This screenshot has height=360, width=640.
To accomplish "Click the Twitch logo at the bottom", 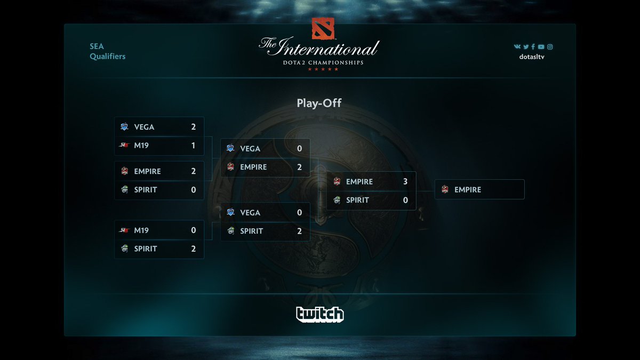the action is coord(320,314).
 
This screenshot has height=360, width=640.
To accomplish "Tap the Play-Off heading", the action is coord(319,103).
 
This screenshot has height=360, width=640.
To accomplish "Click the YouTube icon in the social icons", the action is coord(541,47).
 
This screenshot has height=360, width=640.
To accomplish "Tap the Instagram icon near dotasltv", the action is coord(550,47).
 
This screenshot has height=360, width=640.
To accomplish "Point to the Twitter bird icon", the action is coord(525,47).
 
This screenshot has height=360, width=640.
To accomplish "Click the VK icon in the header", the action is coord(517,47).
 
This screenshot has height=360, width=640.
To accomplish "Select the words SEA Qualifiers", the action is coord(107,51).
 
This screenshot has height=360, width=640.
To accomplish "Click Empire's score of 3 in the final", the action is coord(405,181).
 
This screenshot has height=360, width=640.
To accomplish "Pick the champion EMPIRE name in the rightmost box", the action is coord(468,189).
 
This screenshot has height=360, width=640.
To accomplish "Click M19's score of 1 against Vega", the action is coord(193,145).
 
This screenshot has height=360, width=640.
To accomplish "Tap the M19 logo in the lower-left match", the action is coord(124,230).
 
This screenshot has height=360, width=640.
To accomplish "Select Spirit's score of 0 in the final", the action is coord(405,200).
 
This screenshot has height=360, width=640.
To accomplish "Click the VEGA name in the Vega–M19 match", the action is coord(144,127).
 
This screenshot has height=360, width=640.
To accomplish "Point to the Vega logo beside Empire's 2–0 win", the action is coord(230,148).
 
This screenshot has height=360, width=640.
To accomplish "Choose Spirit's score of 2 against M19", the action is coord(193,249).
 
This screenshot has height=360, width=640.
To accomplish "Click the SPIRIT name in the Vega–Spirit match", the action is coord(251,231).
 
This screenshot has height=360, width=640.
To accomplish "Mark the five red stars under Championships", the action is coord(323,69).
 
